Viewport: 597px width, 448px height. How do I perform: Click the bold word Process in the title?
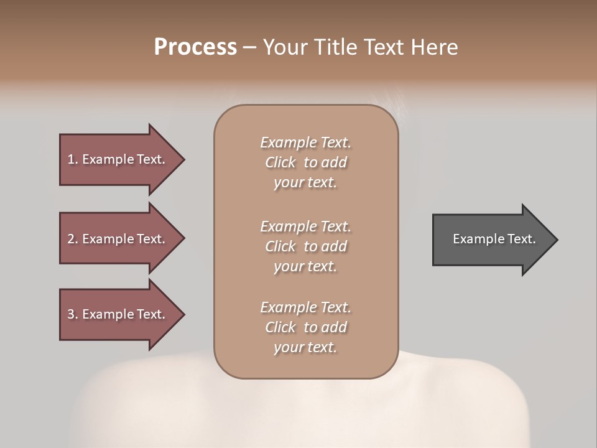pos(195,47)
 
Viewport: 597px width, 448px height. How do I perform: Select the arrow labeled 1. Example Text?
pos(118,159)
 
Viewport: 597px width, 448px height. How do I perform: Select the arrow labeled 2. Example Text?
pos(118,239)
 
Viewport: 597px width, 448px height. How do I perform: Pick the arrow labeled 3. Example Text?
pos(118,314)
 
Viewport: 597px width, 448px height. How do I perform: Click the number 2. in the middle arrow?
pos(72,239)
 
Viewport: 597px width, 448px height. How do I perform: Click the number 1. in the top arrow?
pos(72,159)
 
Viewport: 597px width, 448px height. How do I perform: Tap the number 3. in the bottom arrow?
pos(72,314)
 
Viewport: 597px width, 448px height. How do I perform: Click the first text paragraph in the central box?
pos(305,162)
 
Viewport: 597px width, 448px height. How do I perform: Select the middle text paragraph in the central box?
pos(305,246)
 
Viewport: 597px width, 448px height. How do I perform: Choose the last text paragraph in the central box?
pos(305,327)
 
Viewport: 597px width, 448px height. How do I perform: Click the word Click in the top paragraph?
pos(280,162)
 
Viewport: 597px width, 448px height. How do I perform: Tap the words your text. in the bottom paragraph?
pos(305,348)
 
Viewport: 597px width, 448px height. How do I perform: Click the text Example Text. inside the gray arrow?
pos(494,239)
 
